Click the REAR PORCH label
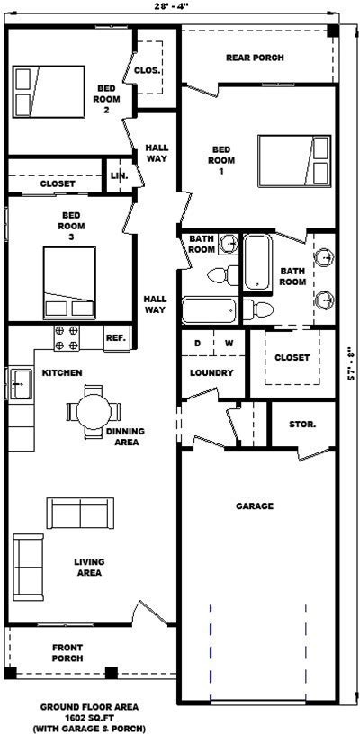(255, 58)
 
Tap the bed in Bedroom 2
(49, 91)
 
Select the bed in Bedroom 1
(294, 161)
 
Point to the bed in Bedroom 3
(70, 282)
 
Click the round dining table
(94, 411)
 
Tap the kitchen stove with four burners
(67, 337)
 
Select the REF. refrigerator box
(117, 337)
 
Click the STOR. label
(302, 425)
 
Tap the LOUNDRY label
(211, 373)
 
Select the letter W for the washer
(229, 343)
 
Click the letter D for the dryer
(198, 343)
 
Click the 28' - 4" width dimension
(173, 5)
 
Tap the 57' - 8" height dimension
(352, 365)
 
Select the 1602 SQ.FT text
(89, 717)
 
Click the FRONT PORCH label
(67, 653)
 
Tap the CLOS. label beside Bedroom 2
(148, 71)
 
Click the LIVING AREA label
(89, 567)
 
